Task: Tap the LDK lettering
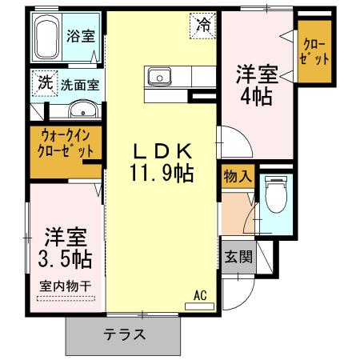pyautogui.click(x=162, y=150)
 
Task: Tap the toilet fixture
pyautogui.click(x=275, y=195)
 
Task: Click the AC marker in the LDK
pyautogui.click(x=199, y=295)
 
